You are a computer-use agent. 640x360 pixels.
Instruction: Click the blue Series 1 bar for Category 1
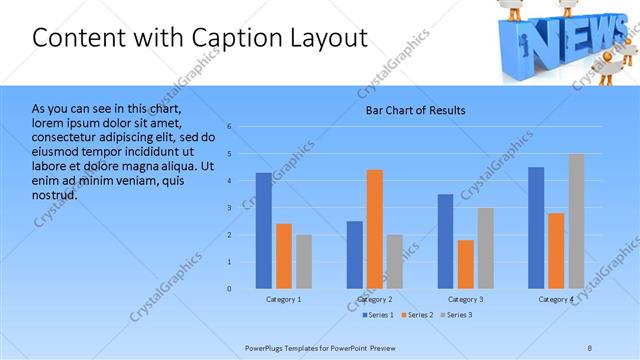coord(263,231)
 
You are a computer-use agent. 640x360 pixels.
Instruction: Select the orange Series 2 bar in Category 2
coord(375,229)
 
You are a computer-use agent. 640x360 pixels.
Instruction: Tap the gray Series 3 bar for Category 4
coord(577,221)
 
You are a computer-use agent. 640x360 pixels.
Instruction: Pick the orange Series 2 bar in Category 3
coord(465,264)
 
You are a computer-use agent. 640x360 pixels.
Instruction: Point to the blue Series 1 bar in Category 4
coord(536,228)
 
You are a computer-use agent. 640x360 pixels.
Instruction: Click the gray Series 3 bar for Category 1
coord(303,262)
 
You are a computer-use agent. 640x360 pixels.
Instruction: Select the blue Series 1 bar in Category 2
coord(355,255)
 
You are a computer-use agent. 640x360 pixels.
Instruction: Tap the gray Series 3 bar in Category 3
coord(485,248)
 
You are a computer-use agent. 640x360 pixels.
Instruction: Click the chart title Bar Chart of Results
coord(415,110)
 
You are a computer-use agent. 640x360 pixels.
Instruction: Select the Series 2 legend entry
coord(415,315)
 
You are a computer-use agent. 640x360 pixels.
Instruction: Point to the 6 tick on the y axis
coord(229,127)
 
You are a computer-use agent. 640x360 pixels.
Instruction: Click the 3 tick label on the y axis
coord(229,208)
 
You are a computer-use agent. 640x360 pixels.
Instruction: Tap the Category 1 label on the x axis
coord(284,299)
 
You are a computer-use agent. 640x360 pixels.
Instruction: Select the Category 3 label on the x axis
coord(466,299)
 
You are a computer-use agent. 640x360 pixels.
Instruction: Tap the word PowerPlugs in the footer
coord(267,347)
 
